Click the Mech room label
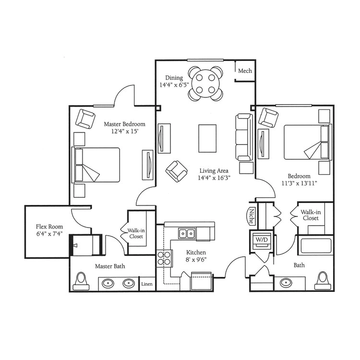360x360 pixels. [x=245, y=71]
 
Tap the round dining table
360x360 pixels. [x=205, y=84]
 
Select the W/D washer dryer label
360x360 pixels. [x=262, y=240]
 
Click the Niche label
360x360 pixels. [x=252, y=216]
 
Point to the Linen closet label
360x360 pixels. [x=147, y=284]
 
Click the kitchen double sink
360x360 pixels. [x=187, y=234]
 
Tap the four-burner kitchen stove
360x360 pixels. [x=164, y=258]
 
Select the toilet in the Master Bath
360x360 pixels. [x=81, y=281]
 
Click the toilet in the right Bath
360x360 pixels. [x=323, y=281]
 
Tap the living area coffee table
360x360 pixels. [x=207, y=138]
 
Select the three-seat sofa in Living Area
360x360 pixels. [x=244, y=137]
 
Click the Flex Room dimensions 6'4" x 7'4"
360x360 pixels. [x=49, y=234]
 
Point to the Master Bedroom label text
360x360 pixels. [x=124, y=124]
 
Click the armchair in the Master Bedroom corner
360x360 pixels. [x=85, y=119]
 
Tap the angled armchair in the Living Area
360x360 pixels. [x=176, y=171]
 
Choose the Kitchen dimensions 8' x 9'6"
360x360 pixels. [x=196, y=260]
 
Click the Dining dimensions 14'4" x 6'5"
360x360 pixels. [x=174, y=85]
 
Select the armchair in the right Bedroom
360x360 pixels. [x=268, y=118]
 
